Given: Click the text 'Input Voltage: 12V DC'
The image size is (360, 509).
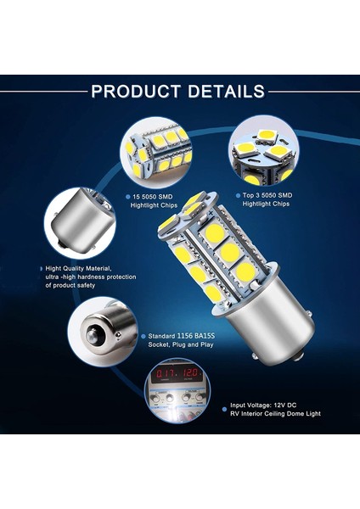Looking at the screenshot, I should (271, 406).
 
